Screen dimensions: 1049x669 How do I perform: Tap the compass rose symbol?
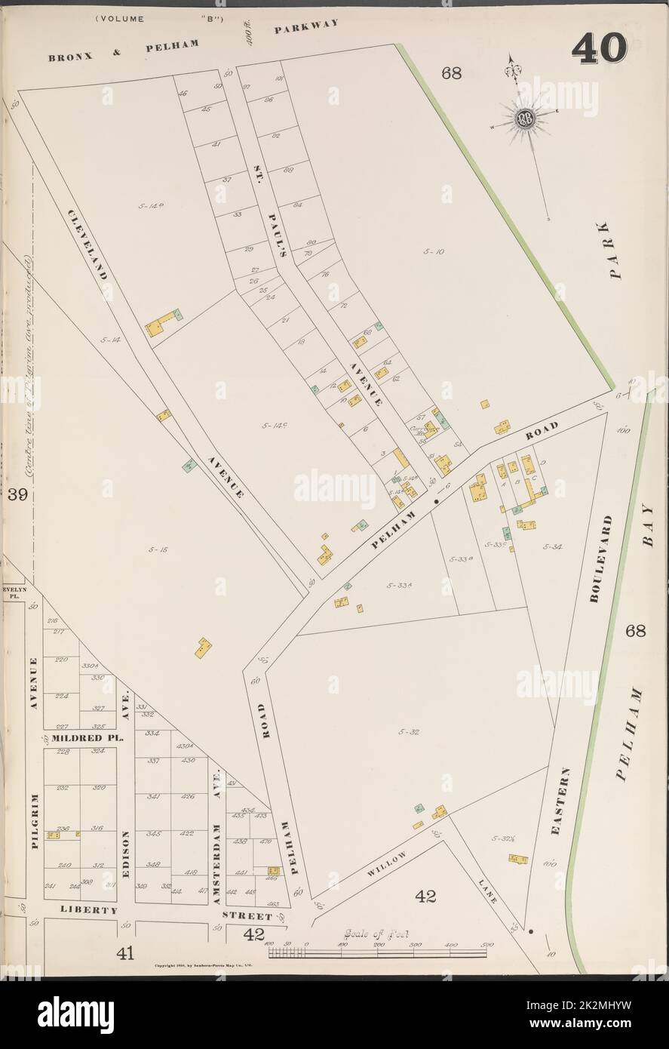pos(525,119)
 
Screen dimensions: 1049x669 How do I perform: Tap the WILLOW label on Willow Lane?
pos(388,866)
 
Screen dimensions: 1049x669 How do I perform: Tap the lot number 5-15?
pos(158,549)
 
